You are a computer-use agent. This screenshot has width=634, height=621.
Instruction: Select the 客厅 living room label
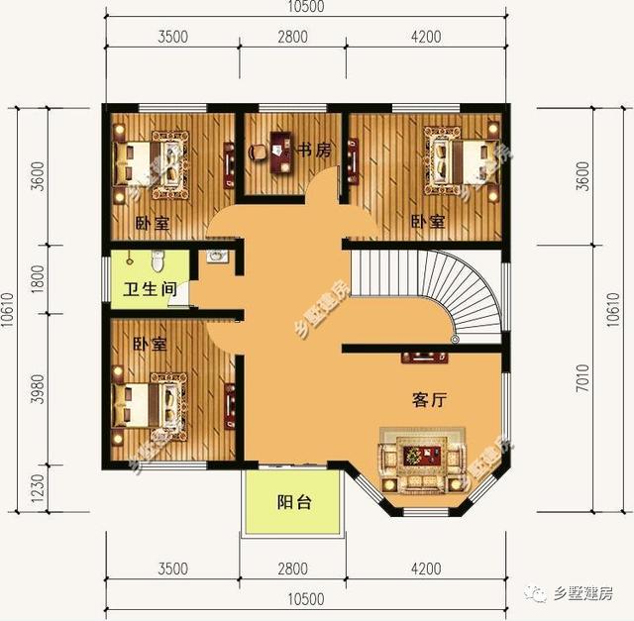430,401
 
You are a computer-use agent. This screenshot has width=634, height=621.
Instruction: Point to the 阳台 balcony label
293,502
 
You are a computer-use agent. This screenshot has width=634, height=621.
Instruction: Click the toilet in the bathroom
157,262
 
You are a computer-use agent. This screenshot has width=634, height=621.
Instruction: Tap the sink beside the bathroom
218,256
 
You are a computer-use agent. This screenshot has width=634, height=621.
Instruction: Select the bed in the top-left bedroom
149,162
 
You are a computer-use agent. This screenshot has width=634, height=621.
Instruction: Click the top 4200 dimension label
424,38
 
